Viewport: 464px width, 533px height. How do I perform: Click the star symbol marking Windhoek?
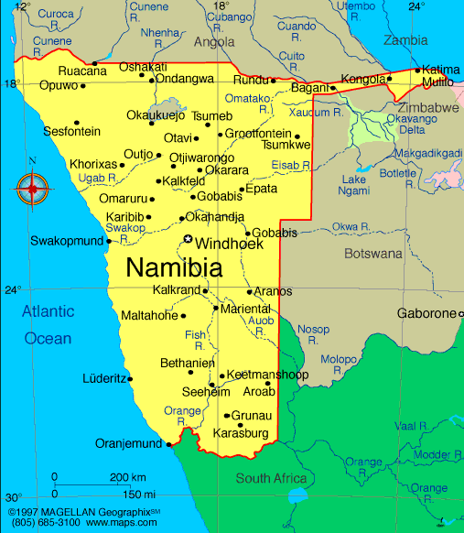point(188,240)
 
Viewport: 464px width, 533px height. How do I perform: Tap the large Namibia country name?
point(173,268)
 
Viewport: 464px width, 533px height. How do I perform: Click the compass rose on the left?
point(33,190)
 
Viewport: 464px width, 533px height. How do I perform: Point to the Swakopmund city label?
point(66,242)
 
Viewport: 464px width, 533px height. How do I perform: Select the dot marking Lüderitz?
point(130,378)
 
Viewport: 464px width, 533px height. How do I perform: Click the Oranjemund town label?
point(128,444)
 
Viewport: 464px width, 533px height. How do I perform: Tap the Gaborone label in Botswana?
point(426,314)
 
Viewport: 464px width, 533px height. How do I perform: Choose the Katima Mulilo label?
point(439,76)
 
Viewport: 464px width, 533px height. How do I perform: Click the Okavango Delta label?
point(416,124)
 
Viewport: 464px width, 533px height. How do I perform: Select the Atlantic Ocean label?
point(48,325)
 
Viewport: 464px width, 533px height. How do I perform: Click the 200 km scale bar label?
point(128,478)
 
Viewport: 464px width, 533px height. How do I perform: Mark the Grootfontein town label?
point(258,134)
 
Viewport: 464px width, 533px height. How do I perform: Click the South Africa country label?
point(272,479)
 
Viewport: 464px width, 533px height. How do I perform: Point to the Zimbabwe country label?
point(428,108)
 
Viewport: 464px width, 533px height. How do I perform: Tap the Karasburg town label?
point(240,432)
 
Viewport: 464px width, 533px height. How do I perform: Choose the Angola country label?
point(214,42)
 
